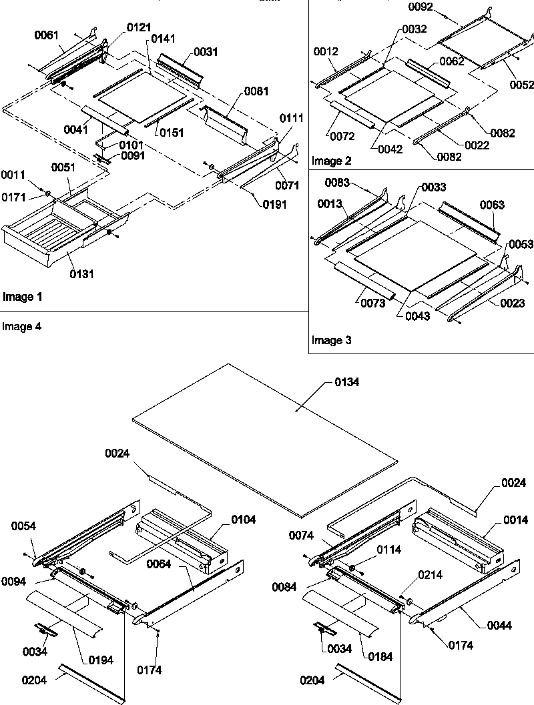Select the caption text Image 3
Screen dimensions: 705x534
tap(331, 340)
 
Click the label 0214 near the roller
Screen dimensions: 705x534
tap(430, 574)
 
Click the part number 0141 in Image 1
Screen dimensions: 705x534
tap(164, 39)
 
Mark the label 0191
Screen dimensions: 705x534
tap(274, 205)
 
